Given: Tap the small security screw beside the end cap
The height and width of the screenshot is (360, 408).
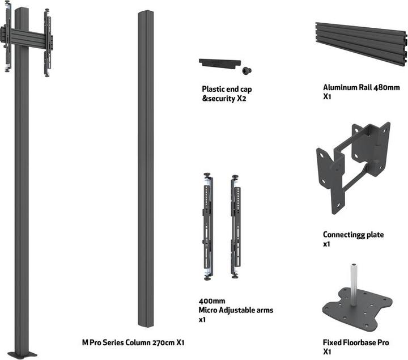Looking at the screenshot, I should [247, 70].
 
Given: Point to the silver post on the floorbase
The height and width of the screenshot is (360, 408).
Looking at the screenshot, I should [354, 284].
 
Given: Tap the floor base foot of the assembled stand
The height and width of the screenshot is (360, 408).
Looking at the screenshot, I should [23, 354].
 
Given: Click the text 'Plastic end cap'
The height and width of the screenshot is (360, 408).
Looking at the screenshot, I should [227, 89].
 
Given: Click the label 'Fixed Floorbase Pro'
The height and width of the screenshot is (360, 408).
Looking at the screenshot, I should [355, 342].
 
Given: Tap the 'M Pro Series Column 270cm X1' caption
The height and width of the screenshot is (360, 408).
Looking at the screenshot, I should [133, 342].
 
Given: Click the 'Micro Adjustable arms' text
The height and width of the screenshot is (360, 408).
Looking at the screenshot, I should [236, 310].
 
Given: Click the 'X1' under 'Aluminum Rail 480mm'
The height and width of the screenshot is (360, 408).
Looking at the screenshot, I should [327, 97].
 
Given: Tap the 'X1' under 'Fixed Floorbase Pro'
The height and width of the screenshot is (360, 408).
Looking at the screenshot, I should [327, 351].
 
